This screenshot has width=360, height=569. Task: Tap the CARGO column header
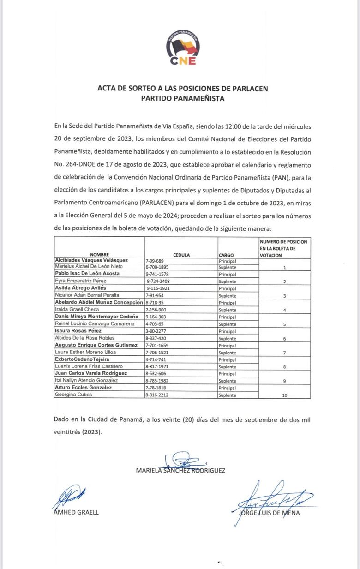[x=227, y=255]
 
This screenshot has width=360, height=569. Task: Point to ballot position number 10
[x=284, y=395]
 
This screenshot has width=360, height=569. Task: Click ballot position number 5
[x=284, y=324]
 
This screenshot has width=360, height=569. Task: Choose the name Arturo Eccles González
[x=83, y=388]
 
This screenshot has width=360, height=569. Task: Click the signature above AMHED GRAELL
[x=68, y=497]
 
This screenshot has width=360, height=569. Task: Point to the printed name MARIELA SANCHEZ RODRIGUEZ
[x=181, y=470]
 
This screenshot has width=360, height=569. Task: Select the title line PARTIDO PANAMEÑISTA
[x=183, y=98]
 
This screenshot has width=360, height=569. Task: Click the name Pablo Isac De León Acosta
[x=87, y=273]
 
